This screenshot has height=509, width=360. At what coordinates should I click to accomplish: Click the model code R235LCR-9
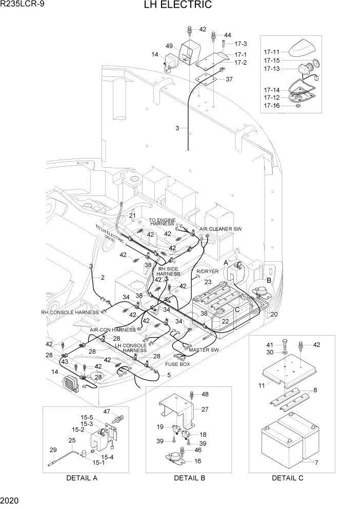tap(21, 6)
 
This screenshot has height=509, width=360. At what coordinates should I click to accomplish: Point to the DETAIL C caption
tap(288, 478)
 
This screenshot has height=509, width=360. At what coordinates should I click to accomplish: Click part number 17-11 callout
tap(272, 52)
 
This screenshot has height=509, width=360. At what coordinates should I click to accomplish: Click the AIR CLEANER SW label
tap(221, 229)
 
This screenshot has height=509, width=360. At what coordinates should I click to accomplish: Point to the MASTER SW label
tap(204, 350)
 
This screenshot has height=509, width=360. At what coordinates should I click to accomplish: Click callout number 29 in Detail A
tap(52, 450)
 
